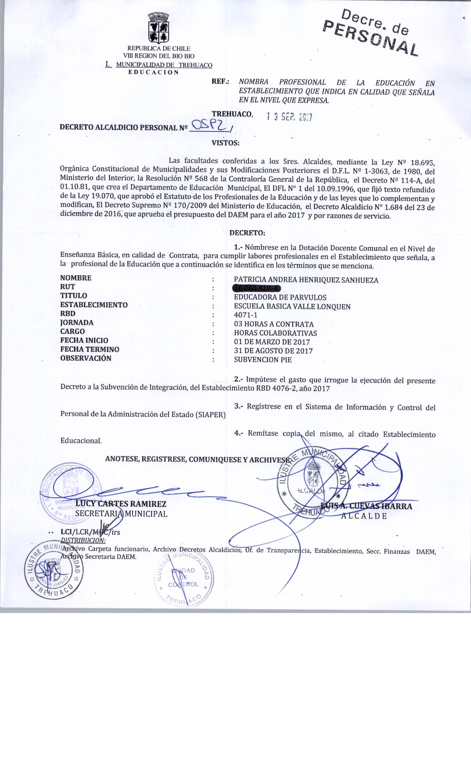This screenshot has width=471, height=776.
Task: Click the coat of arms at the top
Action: click(158, 28)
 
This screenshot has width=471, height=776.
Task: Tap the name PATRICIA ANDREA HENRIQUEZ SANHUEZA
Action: click(306, 280)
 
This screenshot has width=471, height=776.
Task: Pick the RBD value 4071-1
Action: click(246, 315)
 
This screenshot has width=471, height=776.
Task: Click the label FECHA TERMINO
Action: click(90, 349)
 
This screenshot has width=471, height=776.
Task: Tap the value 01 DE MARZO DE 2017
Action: click(272, 342)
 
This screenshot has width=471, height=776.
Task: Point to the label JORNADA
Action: click(77, 322)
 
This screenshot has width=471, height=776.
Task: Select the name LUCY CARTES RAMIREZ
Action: click(121, 504)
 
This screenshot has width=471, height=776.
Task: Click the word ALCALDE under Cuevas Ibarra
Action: click(364, 516)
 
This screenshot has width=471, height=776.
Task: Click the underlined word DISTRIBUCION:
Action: click(83, 540)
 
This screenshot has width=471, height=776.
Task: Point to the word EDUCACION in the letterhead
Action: click(153, 72)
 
